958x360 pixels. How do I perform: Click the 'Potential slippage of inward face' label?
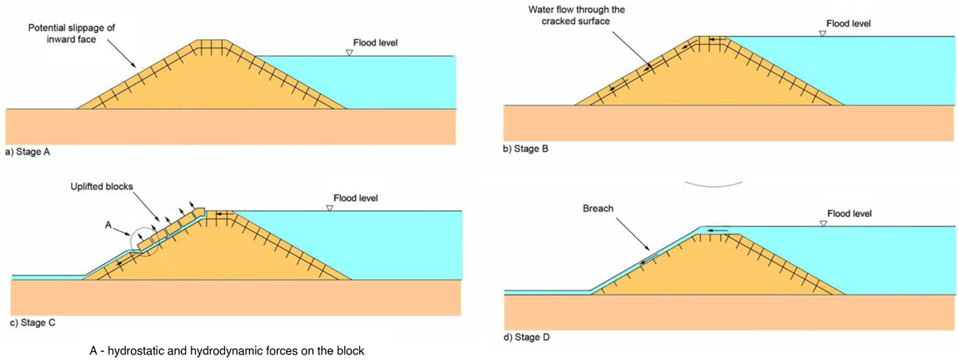tap(72, 33)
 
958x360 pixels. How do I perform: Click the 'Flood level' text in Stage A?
tap(375, 42)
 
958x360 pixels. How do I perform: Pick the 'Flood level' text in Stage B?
tap(848, 24)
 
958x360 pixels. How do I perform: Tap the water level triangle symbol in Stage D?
tap(823, 224)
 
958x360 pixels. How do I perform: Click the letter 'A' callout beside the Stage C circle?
tap(107, 225)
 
